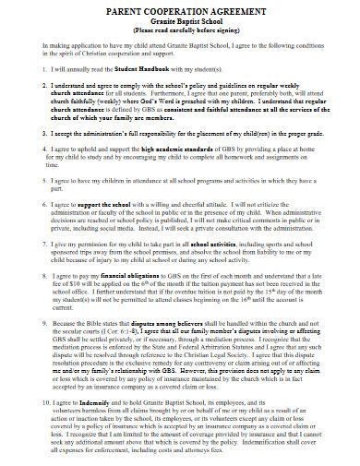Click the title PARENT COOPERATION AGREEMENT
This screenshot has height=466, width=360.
180,10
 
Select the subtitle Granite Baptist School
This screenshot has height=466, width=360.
180,20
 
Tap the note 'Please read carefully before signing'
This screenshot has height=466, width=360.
180,30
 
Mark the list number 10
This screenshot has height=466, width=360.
30,403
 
